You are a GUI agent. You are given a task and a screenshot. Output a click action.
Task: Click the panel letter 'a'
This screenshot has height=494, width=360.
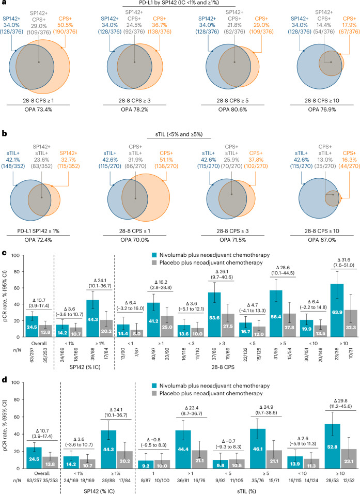4,4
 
